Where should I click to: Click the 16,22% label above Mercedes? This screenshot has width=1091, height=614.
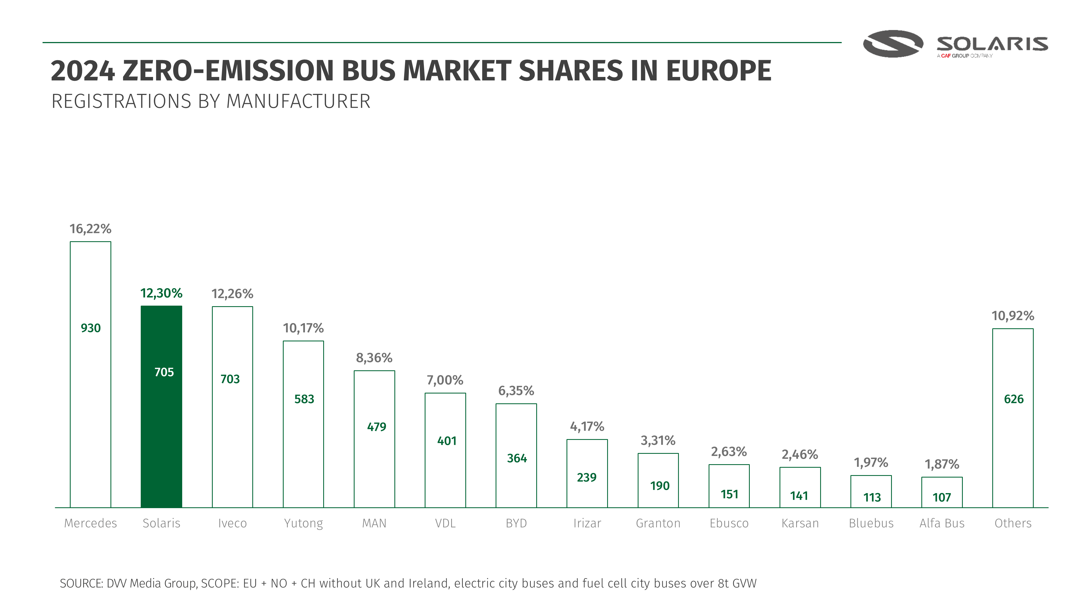pyautogui.click(x=90, y=229)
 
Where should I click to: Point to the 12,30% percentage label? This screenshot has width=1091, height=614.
pyautogui.click(x=161, y=293)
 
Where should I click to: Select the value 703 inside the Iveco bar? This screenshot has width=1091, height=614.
pyautogui.click(x=230, y=379)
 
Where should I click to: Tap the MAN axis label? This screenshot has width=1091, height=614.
pyautogui.click(x=374, y=523)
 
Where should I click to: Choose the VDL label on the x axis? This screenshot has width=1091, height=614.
pyautogui.click(x=445, y=523)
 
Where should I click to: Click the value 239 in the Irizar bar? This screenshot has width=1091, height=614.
pyautogui.click(x=587, y=478)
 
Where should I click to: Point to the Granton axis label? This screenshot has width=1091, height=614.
pyautogui.click(x=658, y=523)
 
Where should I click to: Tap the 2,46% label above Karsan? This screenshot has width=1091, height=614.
pyautogui.click(x=800, y=454)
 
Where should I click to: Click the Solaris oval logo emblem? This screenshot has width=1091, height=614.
pyautogui.click(x=893, y=44)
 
